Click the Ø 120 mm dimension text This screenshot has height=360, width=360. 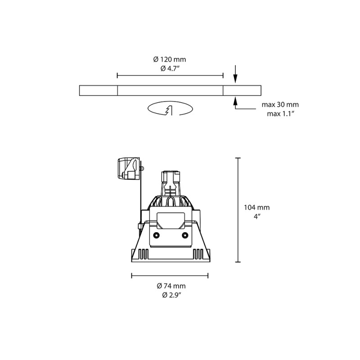tap(170, 59)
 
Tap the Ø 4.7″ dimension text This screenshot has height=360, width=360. tap(170, 68)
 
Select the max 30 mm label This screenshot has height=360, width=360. tap(280, 105)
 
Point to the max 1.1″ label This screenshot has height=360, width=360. tap(280, 113)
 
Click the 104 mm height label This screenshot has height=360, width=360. tap(256, 207)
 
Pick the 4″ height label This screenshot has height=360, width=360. tap(256, 216)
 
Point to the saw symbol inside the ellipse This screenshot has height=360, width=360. tap(169, 110)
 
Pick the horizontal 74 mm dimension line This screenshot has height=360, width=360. tap(170, 275)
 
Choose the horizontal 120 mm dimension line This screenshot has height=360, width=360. tap(170, 76)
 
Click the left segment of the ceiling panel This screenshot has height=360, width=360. tap(98, 90)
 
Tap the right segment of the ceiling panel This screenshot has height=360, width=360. tap(242, 90)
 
